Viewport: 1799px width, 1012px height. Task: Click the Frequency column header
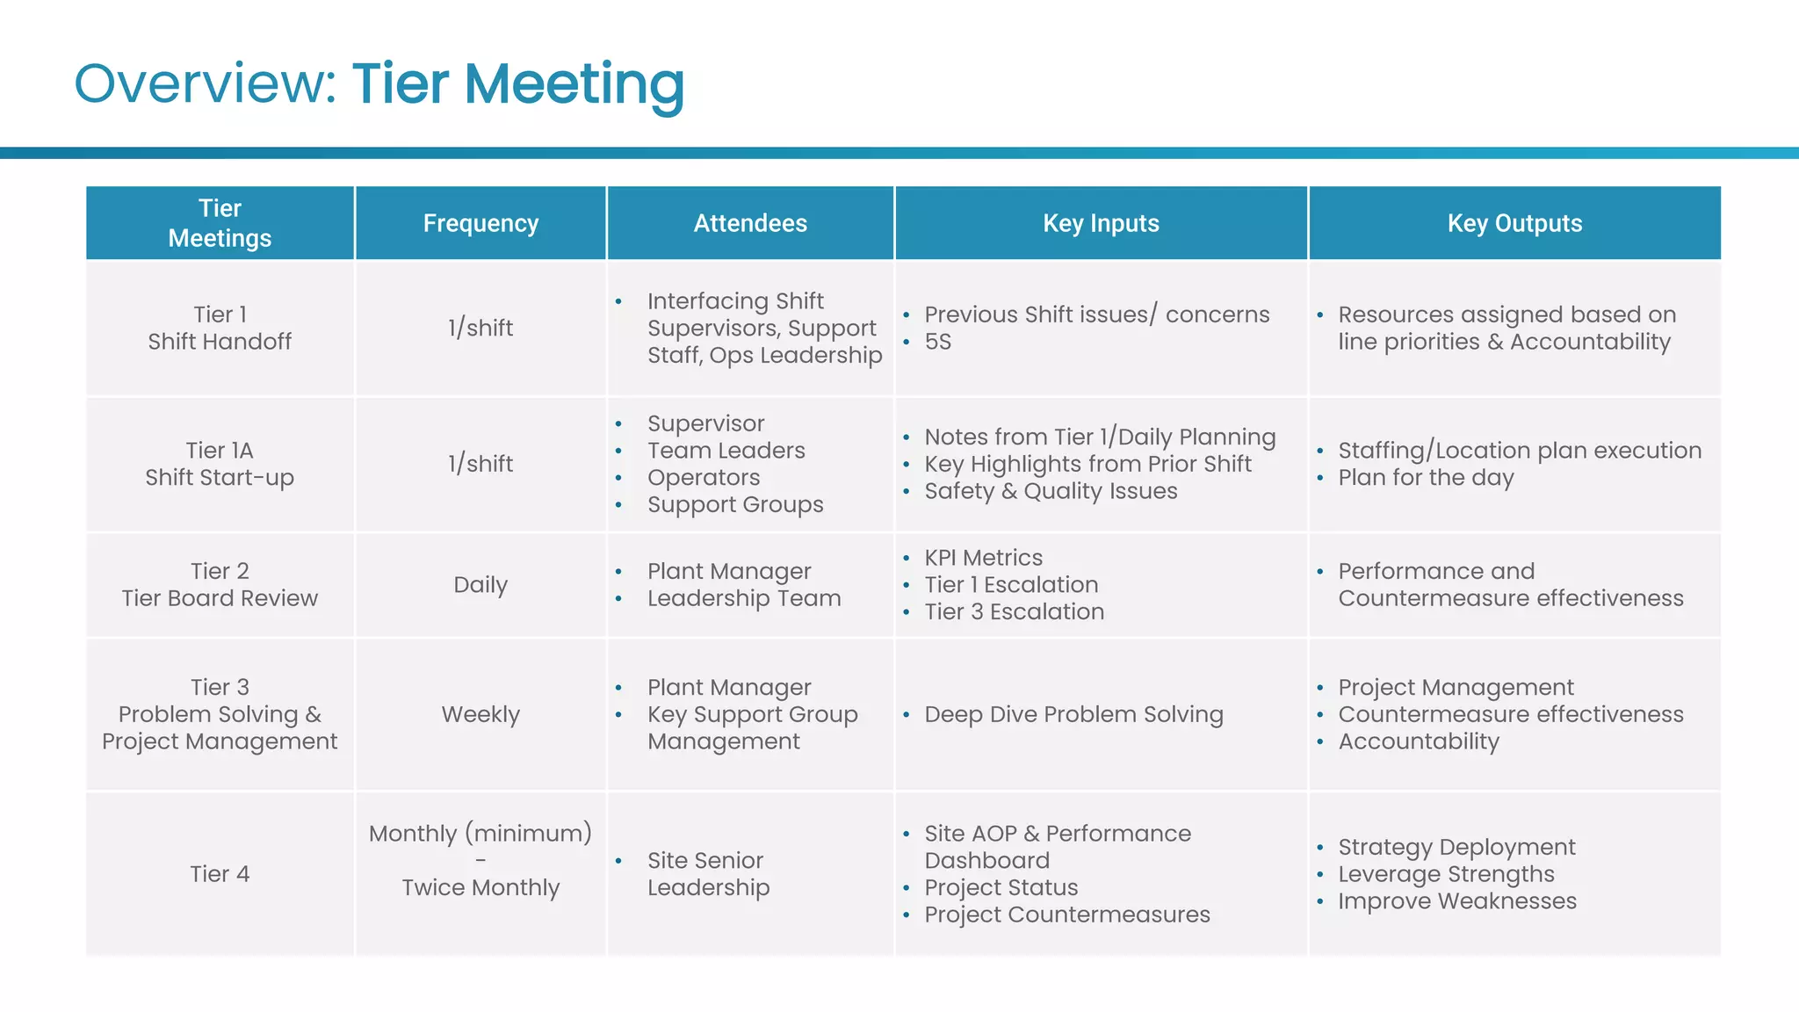pyautogui.click(x=480, y=223)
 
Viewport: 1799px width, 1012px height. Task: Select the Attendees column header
pyautogui.click(x=750, y=223)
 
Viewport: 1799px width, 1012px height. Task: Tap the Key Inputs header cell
pyautogui.click(x=1101, y=223)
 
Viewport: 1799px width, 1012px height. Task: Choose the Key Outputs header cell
pyautogui.click(x=1514, y=223)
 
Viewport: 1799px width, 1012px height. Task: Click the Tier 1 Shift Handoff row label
pyautogui.click(x=220, y=328)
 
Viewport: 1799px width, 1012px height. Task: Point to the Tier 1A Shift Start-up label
pyautogui.click(x=220, y=464)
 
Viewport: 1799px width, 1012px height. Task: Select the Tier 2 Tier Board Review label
pyautogui.click(x=220, y=585)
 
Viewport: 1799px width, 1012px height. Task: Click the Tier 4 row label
pyautogui.click(x=220, y=874)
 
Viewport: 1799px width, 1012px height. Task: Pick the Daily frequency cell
pyautogui.click(x=480, y=585)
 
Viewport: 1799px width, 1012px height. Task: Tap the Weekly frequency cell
pyautogui.click(x=480, y=714)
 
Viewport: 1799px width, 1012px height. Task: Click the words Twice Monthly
pyautogui.click(x=480, y=887)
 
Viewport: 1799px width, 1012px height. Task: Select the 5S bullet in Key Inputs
pyautogui.click(x=937, y=342)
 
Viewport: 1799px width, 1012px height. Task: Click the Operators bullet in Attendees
pyautogui.click(x=704, y=478)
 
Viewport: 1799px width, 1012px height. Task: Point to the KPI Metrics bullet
pyautogui.click(x=983, y=558)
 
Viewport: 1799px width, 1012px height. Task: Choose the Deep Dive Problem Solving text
pyautogui.click(x=1073, y=714)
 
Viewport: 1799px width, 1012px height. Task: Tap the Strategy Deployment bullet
pyautogui.click(x=1456, y=847)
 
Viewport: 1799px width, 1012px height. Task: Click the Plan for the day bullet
pyautogui.click(x=1426, y=478)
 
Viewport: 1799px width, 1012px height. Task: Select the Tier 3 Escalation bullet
pyautogui.click(x=1014, y=612)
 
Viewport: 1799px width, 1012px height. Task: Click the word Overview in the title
pyautogui.click(x=205, y=84)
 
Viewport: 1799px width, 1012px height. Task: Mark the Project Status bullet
pyautogui.click(x=1001, y=887)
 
